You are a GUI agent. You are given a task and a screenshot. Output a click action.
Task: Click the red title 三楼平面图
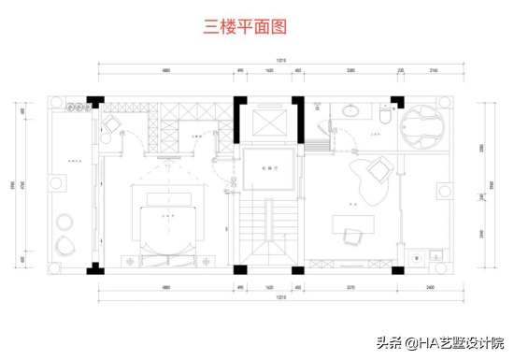pyautogui.click(x=243, y=27)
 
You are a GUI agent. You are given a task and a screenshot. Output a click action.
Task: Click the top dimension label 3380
pyautogui.click(x=350, y=70)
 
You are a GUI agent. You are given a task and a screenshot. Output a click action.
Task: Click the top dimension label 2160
pyautogui.click(x=433, y=70)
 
